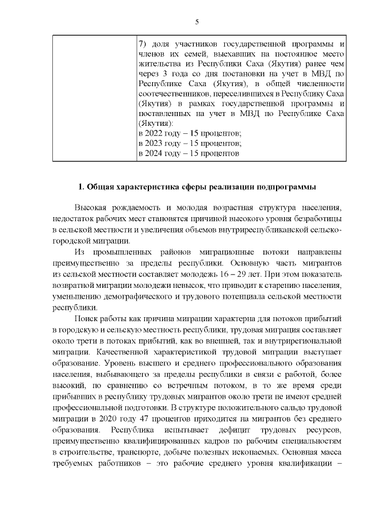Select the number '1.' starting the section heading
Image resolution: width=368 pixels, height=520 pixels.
tap(82, 188)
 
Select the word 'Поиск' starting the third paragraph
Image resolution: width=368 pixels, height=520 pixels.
tap(86, 318)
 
